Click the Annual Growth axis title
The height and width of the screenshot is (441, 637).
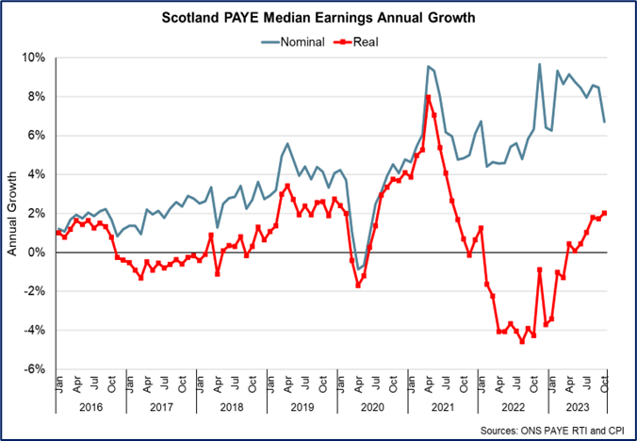point(13,213)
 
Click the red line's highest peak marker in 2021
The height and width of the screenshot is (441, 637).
point(428,97)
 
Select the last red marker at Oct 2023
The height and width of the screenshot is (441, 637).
point(604,213)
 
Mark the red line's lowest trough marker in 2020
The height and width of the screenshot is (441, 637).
point(358,285)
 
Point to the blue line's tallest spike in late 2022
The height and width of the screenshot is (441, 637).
point(539,64)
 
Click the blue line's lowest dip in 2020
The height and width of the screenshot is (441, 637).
point(358,269)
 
